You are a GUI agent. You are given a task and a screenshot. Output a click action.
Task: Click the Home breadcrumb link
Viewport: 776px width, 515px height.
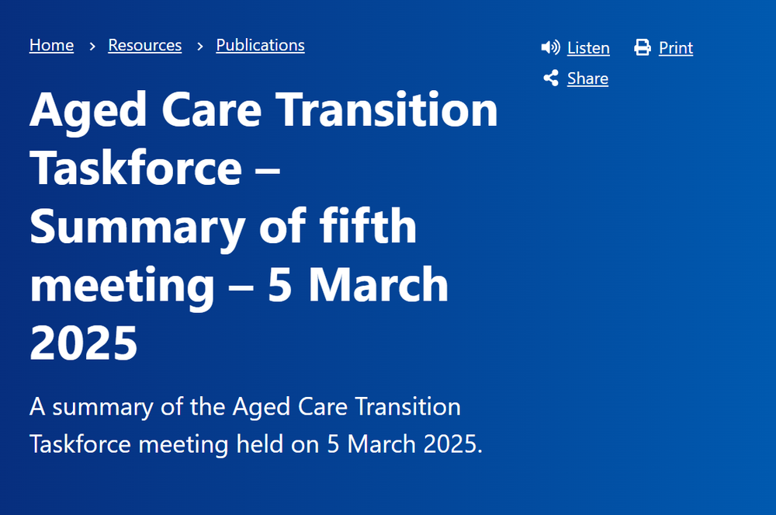tap(51, 45)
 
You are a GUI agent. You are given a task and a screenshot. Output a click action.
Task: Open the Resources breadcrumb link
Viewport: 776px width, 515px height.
tap(144, 45)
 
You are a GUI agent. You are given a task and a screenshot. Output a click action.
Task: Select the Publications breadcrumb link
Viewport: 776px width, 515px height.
tap(260, 45)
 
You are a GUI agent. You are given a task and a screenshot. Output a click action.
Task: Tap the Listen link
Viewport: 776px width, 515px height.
tap(588, 48)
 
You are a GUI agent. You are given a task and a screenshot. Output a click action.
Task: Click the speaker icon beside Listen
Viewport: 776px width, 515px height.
tap(550, 47)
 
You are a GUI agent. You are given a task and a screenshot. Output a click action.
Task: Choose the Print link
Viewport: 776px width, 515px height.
tap(675, 48)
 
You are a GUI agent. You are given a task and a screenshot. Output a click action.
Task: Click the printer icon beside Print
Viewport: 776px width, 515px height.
tap(643, 47)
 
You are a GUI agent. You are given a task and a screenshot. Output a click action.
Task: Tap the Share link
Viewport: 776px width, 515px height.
tap(587, 78)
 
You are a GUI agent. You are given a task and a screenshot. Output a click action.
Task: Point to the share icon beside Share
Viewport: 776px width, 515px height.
tap(551, 78)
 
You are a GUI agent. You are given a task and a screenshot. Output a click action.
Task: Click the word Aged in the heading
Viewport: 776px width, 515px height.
tap(78, 110)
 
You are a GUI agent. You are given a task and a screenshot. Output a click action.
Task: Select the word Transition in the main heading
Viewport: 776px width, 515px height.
tap(387, 110)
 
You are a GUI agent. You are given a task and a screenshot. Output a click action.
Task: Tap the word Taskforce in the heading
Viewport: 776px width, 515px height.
tap(136, 168)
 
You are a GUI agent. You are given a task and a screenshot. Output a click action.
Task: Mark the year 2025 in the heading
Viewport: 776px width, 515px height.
tap(84, 343)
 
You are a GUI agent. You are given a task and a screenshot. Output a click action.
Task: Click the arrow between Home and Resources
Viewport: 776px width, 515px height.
tap(92, 46)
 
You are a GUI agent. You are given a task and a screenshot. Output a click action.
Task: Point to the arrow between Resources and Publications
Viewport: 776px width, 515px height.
tap(199, 46)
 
